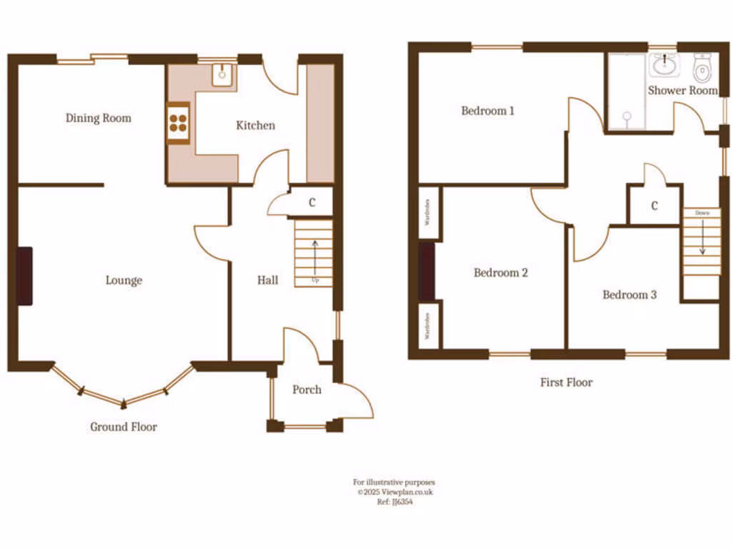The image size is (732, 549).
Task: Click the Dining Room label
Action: [99, 118]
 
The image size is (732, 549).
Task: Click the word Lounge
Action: [124, 280]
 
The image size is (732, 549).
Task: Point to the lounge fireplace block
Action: [24, 276]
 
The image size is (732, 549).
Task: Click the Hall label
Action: [268, 280]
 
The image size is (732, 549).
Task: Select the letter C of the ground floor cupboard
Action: [312, 202]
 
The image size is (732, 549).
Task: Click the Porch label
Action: [307, 390]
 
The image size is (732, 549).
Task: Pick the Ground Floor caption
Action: [123, 427]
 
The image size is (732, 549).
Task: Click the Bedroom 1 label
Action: [488, 111]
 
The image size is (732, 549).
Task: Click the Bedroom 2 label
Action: [500, 272]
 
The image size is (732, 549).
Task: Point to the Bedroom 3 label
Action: [629, 295]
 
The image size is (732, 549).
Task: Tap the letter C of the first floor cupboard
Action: [654, 207]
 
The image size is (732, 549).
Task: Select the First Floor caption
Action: [565, 382]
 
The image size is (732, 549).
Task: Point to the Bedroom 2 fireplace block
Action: [427, 272]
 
